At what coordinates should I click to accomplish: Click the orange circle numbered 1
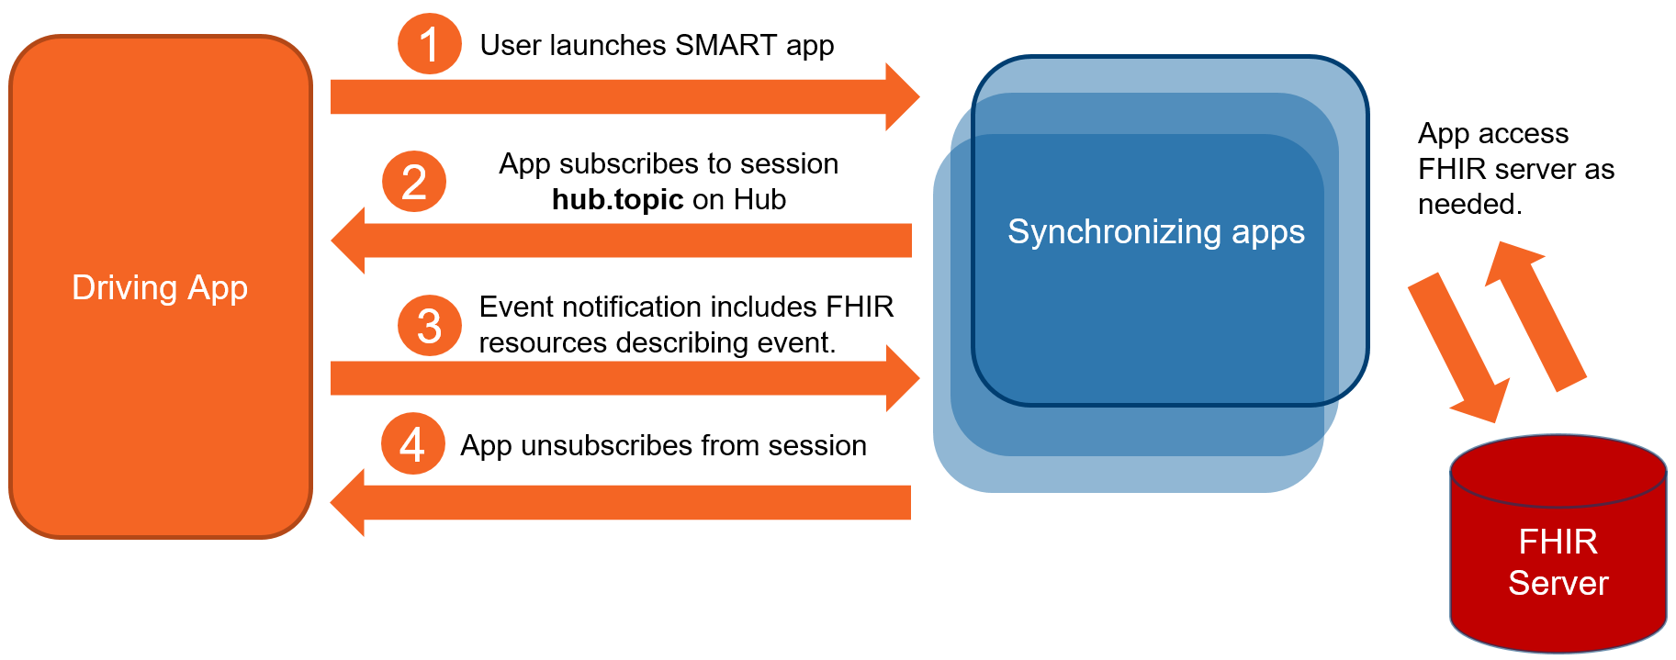[x=429, y=44]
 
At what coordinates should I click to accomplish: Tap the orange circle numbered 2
[x=414, y=182]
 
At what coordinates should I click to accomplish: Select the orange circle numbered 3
[x=429, y=326]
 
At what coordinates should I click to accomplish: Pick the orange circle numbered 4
[x=413, y=444]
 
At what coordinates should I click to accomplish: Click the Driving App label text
[x=160, y=287]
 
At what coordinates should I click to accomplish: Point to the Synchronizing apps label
[x=1155, y=231]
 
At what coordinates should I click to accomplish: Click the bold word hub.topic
[x=617, y=199]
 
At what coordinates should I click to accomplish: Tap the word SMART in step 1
[x=726, y=45]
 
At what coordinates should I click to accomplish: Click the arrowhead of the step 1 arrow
[x=903, y=96]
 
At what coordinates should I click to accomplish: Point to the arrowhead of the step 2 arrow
[x=349, y=241]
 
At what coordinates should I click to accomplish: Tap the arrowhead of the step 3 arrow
[x=903, y=378]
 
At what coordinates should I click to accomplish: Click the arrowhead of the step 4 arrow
[x=348, y=503]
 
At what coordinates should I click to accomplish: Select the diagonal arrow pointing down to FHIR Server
[x=1460, y=349]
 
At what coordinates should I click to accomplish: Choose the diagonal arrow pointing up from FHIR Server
[x=1535, y=317]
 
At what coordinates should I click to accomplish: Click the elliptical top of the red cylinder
[x=1558, y=471]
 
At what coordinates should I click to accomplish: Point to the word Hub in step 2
[x=759, y=199]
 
